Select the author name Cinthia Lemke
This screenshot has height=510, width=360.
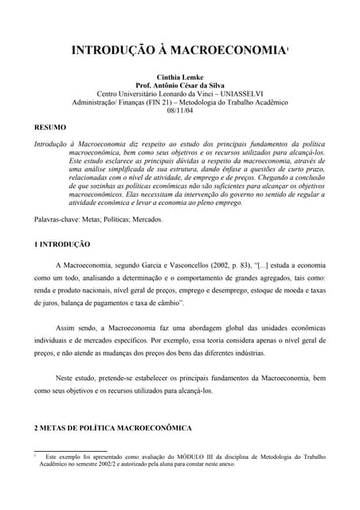[179, 76]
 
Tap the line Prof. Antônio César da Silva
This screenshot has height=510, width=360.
[179, 85]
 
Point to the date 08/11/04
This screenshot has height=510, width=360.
[179, 112]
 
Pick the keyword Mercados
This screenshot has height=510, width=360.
[144, 218]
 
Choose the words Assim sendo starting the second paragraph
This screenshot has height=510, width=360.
[76, 329]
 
